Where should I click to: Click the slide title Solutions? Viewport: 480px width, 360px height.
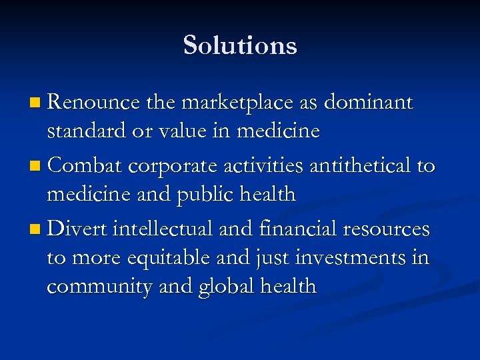pos(240,45)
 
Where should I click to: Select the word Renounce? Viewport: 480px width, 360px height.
pos(93,103)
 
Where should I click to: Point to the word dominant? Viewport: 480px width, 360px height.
pos(369,103)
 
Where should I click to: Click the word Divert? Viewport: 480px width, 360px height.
pos(78,229)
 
